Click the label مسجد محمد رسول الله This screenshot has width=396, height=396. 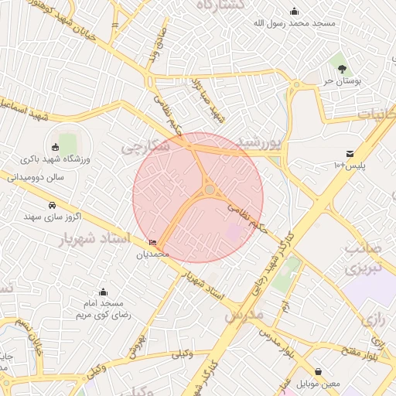pyautogui.click(x=295, y=23)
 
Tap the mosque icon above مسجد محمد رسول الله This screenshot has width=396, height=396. pyautogui.click(x=295, y=11)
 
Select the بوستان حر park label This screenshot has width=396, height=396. pyautogui.click(x=339, y=80)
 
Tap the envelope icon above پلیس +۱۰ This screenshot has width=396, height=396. pyautogui.click(x=350, y=154)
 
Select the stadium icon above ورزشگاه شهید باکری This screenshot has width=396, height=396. pyautogui.click(x=54, y=147)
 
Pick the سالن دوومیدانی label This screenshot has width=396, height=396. pyautogui.click(x=36, y=177)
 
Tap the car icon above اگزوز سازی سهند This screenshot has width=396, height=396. pyautogui.click(x=52, y=205)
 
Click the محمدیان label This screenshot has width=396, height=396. pyautogui.click(x=152, y=254)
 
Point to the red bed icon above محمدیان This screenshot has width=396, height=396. pyautogui.click(x=152, y=243)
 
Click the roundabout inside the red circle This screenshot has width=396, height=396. pyautogui.click(x=210, y=189)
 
